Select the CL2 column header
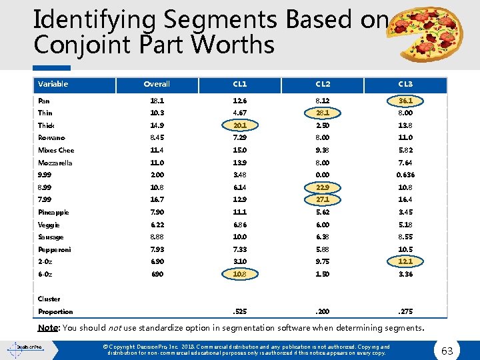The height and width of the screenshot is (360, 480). click(323, 84)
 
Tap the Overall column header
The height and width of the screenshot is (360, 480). click(157, 84)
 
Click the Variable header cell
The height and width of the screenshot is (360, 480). click(53, 84)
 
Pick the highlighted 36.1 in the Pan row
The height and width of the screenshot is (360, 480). click(405, 101)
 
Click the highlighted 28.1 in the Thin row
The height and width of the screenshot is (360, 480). click(323, 113)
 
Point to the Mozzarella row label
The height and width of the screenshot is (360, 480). click(55, 163)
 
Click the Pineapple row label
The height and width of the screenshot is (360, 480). click(53, 212)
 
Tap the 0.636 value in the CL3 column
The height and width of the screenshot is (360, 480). click(405, 175)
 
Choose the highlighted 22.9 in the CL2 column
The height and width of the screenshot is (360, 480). click(323, 187)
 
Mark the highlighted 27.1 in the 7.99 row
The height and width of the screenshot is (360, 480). click(323, 199)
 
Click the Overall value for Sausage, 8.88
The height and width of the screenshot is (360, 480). click(157, 237)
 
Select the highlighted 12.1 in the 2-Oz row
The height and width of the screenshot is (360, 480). click(405, 261)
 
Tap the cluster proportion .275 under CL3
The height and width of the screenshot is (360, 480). click(405, 311)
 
